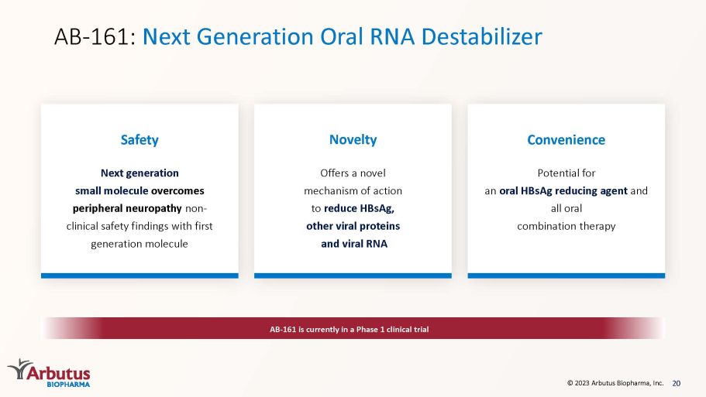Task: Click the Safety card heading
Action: pyautogui.click(x=139, y=140)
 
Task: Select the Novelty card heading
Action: pyautogui.click(x=353, y=140)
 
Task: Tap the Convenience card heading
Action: pyautogui.click(x=566, y=140)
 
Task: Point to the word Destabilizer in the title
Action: pyautogui.click(x=482, y=36)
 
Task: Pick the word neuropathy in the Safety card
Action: pyautogui.click(x=153, y=209)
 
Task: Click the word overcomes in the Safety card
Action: pyautogui.click(x=177, y=190)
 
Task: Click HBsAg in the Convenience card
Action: pyautogui.click(x=536, y=191)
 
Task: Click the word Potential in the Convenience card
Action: pyautogui.click(x=558, y=173)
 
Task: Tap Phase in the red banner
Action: pyautogui.click(x=367, y=330)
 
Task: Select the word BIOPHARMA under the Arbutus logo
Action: pyautogui.click(x=68, y=385)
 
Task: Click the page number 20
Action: pyautogui.click(x=677, y=383)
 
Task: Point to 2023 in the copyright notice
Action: pyautogui.click(x=582, y=383)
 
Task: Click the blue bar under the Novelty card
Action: pyautogui.click(x=353, y=276)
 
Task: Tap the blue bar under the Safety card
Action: pyautogui.click(x=139, y=276)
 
